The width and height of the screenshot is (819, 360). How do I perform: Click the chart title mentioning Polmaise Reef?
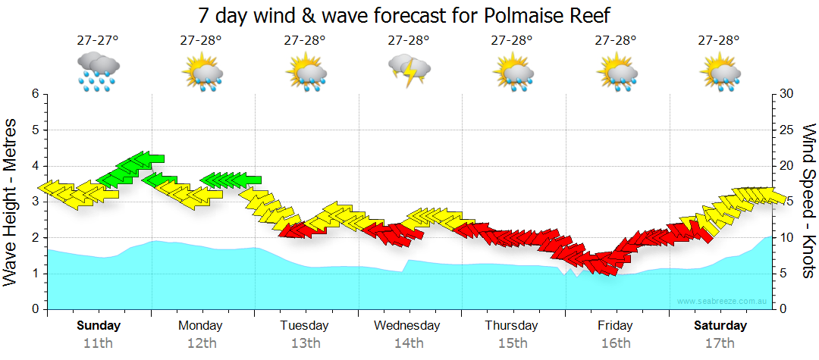click(403, 15)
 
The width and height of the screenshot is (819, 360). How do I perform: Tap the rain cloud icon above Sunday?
click(98, 71)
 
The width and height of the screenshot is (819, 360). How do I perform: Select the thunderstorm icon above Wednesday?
click(409, 70)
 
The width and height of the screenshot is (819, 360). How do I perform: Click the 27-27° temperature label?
click(98, 40)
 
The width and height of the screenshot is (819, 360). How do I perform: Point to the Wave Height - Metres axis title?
click(11, 202)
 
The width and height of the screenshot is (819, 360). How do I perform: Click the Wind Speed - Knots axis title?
click(808, 202)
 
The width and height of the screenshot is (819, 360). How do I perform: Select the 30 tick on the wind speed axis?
click(786, 94)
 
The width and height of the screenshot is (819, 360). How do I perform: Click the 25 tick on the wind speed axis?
click(786, 130)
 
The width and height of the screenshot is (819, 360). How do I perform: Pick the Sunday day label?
click(99, 326)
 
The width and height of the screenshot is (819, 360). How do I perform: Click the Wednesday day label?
click(407, 326)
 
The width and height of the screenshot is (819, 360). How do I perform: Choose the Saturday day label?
click(720, 326)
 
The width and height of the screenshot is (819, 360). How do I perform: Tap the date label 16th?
click(616, 343)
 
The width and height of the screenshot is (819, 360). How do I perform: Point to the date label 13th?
click(305, 343)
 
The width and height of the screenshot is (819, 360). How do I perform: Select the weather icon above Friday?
click(616, 71)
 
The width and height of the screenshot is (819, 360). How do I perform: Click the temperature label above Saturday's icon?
click(719, 40)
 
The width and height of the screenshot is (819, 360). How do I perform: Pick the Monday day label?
click(200, 326)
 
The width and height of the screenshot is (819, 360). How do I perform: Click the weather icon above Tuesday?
click(306, 71)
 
